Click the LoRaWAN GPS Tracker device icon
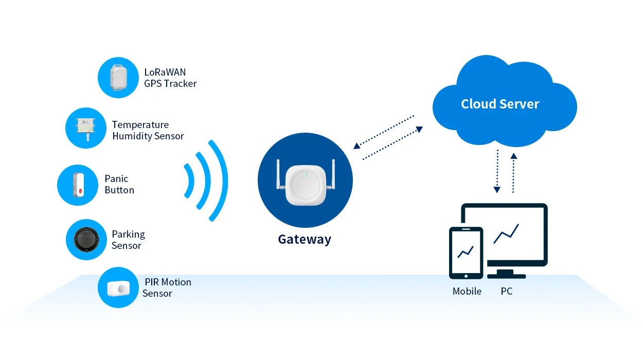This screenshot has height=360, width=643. coord(118,78)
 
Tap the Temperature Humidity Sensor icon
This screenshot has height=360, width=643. coord(86,128)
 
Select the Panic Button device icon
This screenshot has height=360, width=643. coord(78,185)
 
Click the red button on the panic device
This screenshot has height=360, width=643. coord(80,192)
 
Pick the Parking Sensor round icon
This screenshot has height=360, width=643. coord(86,239)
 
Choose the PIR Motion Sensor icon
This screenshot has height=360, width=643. coord(118,287)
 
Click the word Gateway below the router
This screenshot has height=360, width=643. coord(305,240)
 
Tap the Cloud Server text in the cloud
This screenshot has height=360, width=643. coord(499,104)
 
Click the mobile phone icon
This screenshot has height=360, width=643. coord(466,253)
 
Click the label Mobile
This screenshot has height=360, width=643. coord(467,292)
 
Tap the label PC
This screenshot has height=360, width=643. coord(506,292)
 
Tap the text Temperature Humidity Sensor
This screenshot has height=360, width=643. coord(148,131)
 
